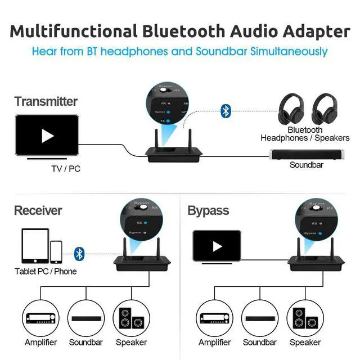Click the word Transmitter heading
pos(46,102)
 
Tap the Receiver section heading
pos(38,210)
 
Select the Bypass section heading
pos(208,210)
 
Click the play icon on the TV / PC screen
pos(48,136)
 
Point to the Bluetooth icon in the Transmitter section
pos(226,110)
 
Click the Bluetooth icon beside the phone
pos(79,254)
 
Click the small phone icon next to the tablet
pos(56,251)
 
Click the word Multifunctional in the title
pos(73,31)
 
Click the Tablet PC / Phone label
pos(46,271)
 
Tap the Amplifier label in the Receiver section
pos(40,342)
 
